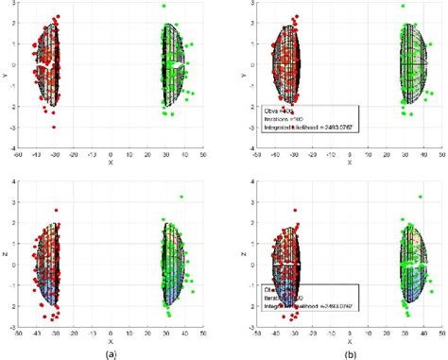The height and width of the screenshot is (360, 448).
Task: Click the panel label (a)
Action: pyautogui.click(x=111, y=352)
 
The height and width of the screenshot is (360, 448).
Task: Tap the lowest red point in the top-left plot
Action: pyautogui.click(x=54, y=127)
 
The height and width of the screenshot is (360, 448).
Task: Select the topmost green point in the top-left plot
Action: pyautogui.click(x=164, y=7)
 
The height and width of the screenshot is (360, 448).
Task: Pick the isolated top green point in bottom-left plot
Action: pyautogui.click(x=181, y=197)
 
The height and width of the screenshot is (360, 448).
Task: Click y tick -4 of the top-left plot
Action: pyautogui.click(x=12, y=147)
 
